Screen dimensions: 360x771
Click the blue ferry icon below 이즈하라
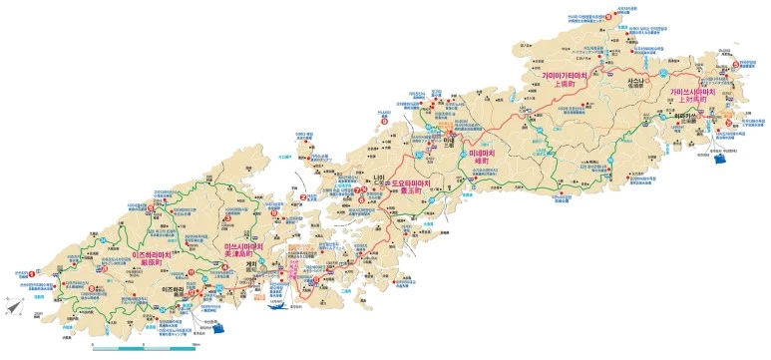point(214,330)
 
